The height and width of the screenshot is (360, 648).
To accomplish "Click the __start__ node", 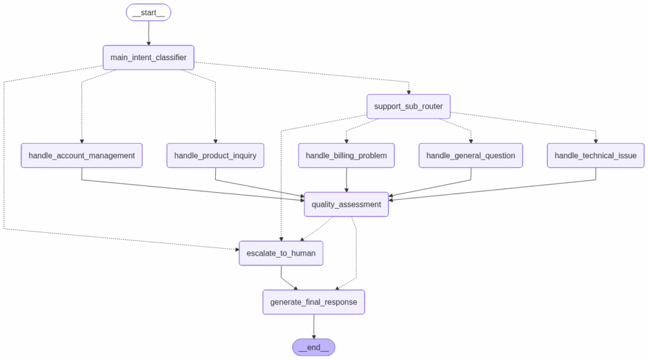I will pos(149,13).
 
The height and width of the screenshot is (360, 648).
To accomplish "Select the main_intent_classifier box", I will pos(149,58).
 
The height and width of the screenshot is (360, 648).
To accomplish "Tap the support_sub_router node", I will pos(408,106).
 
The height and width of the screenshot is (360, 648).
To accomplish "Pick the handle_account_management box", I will pos(82,156).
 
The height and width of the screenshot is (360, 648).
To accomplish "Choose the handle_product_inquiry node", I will pos(215,156).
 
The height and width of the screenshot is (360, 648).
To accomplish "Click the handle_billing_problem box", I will pos(346,156).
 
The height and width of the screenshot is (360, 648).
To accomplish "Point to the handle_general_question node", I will pos(471,156).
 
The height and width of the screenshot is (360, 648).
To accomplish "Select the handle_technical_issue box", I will pos(595,156).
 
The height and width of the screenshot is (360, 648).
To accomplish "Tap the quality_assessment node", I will pos(346,204).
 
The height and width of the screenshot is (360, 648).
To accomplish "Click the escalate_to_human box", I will pos(281,253).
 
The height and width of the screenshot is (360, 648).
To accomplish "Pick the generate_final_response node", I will pos(314,302).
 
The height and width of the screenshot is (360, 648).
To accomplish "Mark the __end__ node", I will pos(314,347).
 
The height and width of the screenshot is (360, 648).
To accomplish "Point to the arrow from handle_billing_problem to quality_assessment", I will pos(346,180).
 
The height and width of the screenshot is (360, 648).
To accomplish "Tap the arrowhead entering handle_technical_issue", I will pos(595,141).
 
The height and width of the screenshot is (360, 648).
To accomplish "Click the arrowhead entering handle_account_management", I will pos(82,141).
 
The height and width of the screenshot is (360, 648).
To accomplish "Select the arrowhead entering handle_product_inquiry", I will pos(215,141).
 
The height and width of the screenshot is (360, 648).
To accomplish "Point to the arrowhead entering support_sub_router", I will pos(408,92).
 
